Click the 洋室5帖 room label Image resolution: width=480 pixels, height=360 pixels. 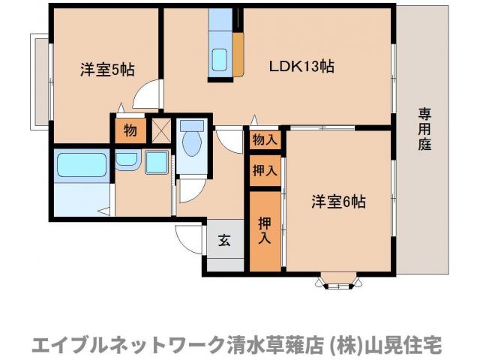pyautogui.click(x=107, y=69)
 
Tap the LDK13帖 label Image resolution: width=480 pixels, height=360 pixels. pyautogui.click(x=301, y=66)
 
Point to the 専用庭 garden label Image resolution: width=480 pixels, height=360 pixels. pyautogui.click(x=424, y=127)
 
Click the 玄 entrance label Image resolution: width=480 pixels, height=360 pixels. pyautogui.click(x=224, y=240)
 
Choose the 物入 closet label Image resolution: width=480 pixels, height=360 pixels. pyautogui.click(x=265, y=139)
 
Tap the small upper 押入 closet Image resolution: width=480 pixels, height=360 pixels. pyautogui.click(x=264, y=170)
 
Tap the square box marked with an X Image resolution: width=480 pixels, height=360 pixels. pyautogui.click(x=162, y=130)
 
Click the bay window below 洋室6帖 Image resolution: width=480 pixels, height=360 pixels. pyautogui.click(x=338, y=282)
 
